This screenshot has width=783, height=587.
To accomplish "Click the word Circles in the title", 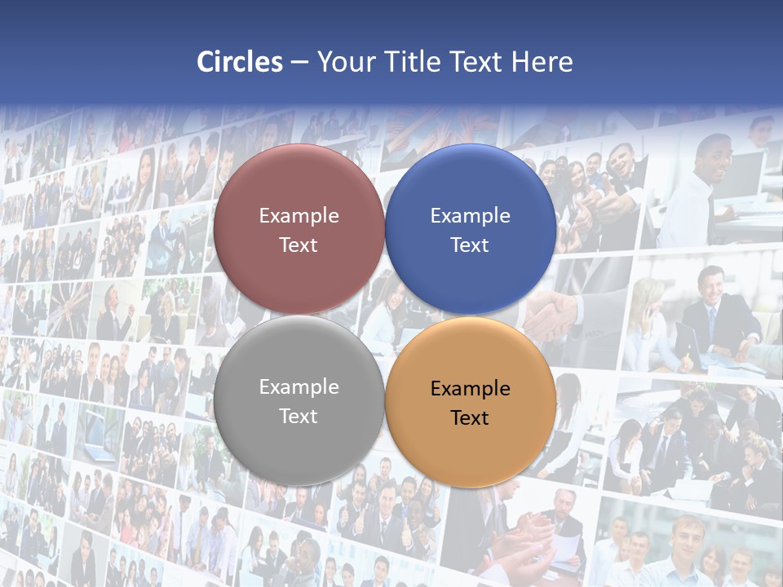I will click(240, 62).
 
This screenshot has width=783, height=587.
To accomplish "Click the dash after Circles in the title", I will click(299, 63).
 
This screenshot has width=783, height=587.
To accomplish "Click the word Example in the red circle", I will click(299, 215).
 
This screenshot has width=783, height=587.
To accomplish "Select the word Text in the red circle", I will click(299, 245).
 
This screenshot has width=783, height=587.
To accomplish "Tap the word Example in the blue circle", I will click(470, 215).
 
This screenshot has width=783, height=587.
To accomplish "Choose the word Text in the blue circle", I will click(470, 245).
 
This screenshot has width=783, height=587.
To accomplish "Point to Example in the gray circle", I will click(299, 386).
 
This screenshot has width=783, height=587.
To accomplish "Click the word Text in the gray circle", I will click(299, 416).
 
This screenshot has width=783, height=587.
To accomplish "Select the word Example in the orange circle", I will click(470, 388).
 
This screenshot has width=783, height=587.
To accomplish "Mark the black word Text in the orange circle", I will click(470, 417).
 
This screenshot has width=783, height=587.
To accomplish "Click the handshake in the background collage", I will click(551, 314).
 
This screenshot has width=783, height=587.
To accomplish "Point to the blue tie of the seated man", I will click(712, 322).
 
